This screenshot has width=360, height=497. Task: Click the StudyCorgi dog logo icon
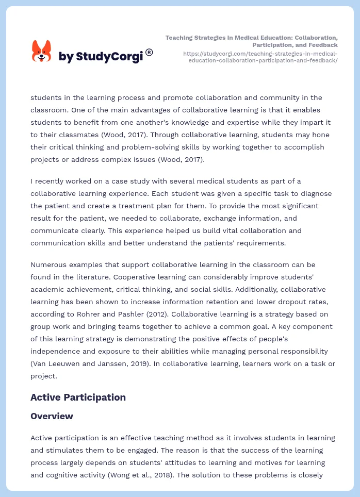pos(41,51)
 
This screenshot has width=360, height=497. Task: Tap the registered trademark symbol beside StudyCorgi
pos(149,52)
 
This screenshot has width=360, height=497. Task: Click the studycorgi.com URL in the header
pos(260,57)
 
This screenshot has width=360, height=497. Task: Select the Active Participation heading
pos(78,397)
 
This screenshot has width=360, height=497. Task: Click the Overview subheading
pos(52,416)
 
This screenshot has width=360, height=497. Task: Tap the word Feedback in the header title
pos(322,45)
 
